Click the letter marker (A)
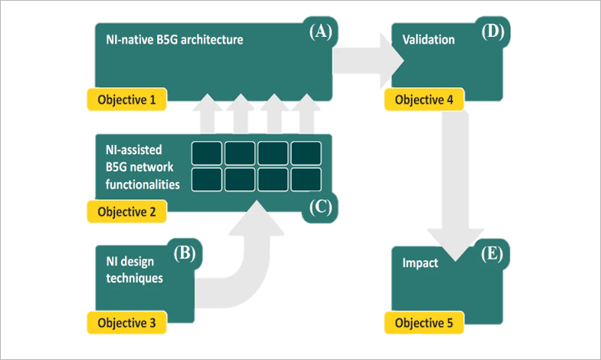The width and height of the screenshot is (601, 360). pos(321,32)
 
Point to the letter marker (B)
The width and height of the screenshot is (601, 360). pos(184,253)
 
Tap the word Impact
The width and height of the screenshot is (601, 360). pos(421,264)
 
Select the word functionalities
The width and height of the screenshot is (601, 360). pos(138,183)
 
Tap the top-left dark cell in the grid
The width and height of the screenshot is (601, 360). pos(207,153)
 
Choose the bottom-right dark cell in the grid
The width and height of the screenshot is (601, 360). pos(307,179)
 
